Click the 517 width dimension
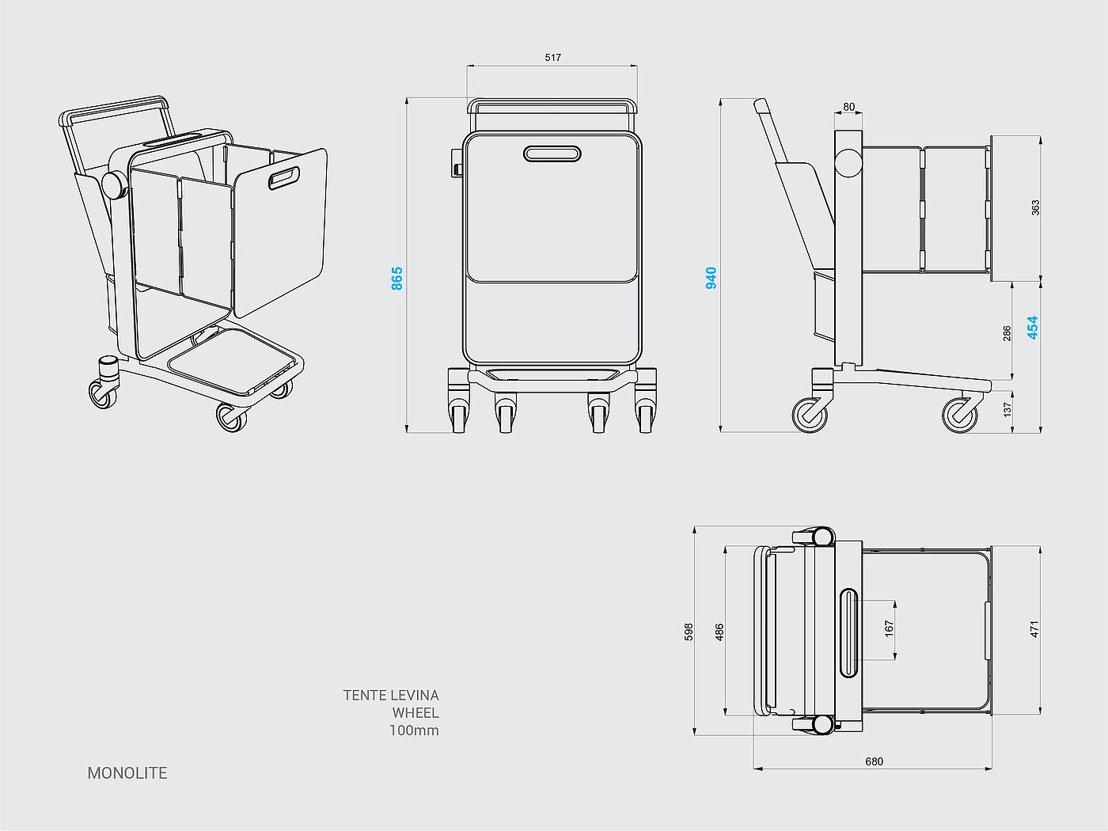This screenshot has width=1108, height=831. [x=552, y=57]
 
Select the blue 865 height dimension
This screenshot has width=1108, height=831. [x=397, y=278]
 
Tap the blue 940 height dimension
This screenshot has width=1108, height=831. [x=711, y=278]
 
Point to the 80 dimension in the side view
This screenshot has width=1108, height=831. [x=848, y=107]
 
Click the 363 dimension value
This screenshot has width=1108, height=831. [x=1035, y=207]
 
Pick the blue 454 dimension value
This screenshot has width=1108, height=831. [x=1032, y=328]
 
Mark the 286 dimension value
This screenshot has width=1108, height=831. [x=1007, y=333]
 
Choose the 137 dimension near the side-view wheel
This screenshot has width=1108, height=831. [x=1007, y=409]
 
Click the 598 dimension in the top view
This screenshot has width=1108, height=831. [x=689, y=632]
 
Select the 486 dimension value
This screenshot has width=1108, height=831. [x=719, y=632]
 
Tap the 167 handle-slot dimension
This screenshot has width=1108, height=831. [x=889, y=628]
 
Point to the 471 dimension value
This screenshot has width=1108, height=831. [x=1034, y=629]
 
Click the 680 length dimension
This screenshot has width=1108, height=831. [x=874, y=761]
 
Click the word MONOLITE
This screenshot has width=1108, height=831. [x=127, y=773]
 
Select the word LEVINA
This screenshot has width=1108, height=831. [x=414, y=695]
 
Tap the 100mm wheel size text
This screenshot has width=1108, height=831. [x=414, y=730]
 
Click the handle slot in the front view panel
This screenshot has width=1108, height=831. [x=552, y=153]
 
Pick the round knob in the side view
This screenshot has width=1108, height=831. [x=848, y=164]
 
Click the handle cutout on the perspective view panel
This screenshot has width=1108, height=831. [x=284, y=178]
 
